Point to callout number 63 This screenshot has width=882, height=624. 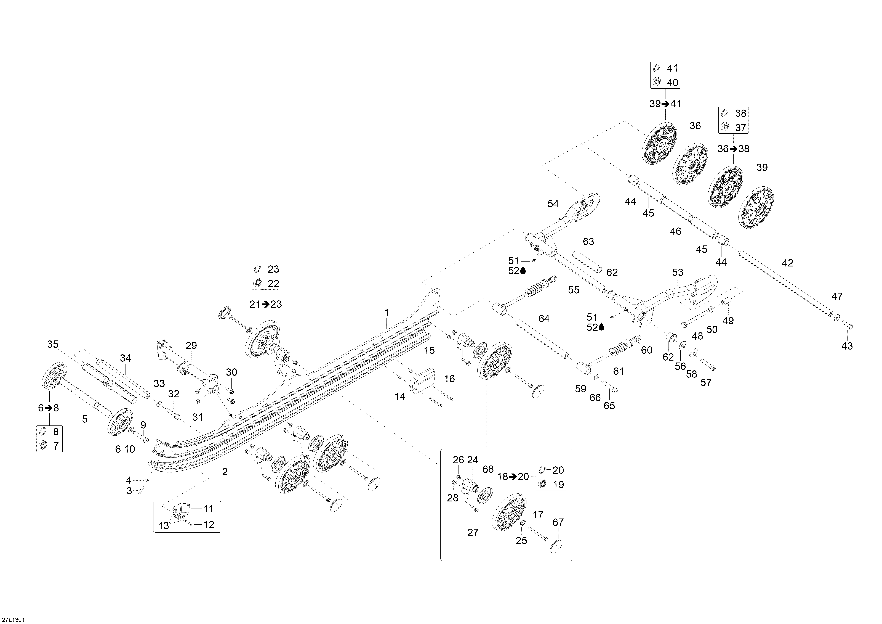(588, 242)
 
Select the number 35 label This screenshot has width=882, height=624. (53, 344)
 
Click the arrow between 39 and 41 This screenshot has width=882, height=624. (665, 104)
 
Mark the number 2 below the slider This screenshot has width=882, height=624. (225, 472)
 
